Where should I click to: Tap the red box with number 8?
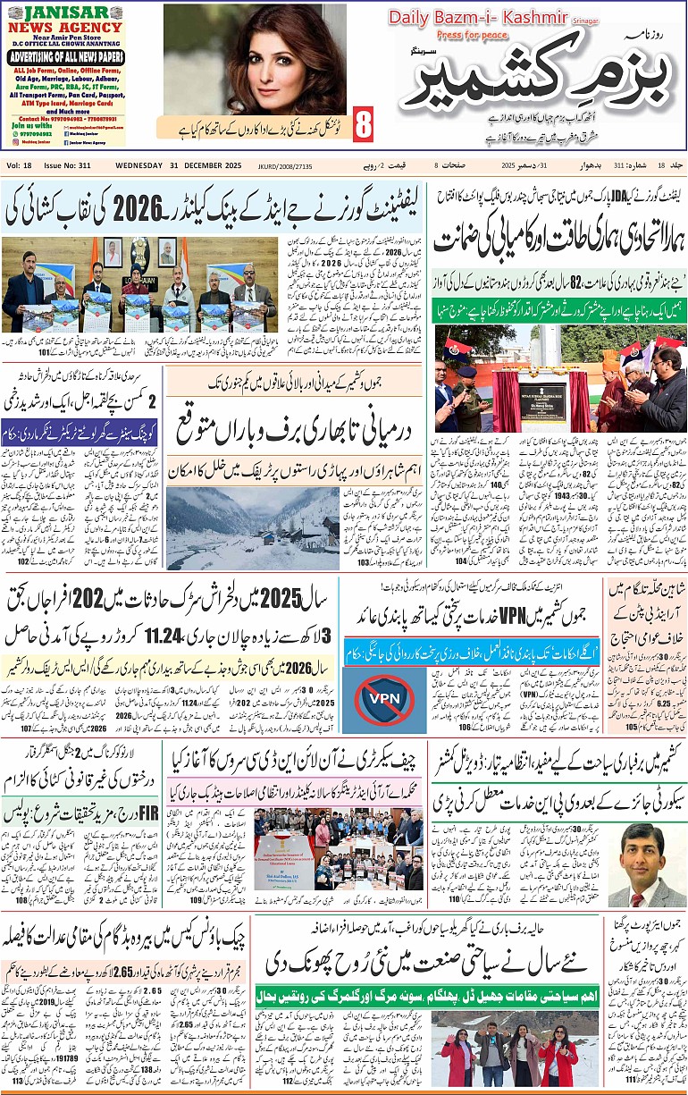click(x=362, y=125)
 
